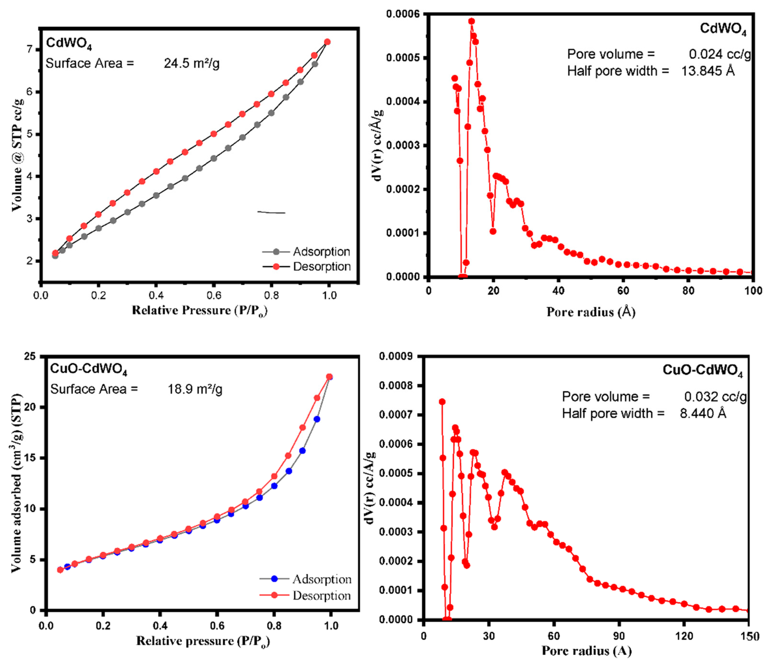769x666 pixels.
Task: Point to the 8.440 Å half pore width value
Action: point(703,413)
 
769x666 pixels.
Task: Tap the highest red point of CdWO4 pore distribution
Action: point(471,21)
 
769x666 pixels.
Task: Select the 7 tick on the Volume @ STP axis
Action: point(30,49)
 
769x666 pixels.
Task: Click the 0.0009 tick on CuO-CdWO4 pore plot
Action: point(396,356)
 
